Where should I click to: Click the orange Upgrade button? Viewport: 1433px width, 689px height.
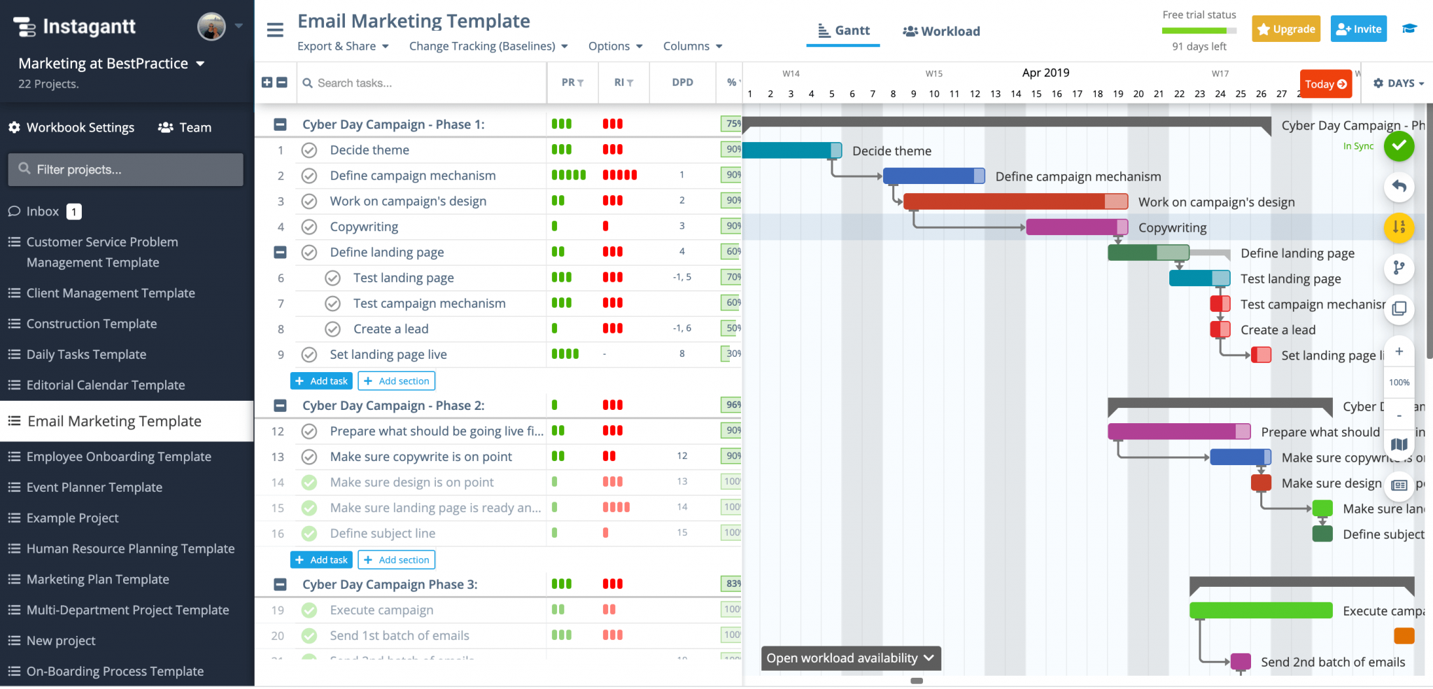(1285, 29)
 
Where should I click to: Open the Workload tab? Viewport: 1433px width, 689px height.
(941, 31)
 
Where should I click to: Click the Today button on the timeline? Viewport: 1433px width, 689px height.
(1325, 84)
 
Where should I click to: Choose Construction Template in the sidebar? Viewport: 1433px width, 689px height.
(91, 324)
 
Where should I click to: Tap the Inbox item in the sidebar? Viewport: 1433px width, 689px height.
(42, 211)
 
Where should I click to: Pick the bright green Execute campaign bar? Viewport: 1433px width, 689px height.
(1260, 611)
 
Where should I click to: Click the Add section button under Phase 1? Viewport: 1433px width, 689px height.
(397, 381)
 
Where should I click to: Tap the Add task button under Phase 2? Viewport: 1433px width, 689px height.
(321, 560)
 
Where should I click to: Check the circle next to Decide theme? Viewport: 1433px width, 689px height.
(309, 150)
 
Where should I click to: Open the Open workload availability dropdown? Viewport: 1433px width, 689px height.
(850, 658)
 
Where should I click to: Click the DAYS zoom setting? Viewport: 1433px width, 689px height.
(1399, 83)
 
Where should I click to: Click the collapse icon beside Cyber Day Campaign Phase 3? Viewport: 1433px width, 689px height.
(280, 585)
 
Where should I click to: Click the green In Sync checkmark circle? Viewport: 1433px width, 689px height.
(1399, 145)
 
